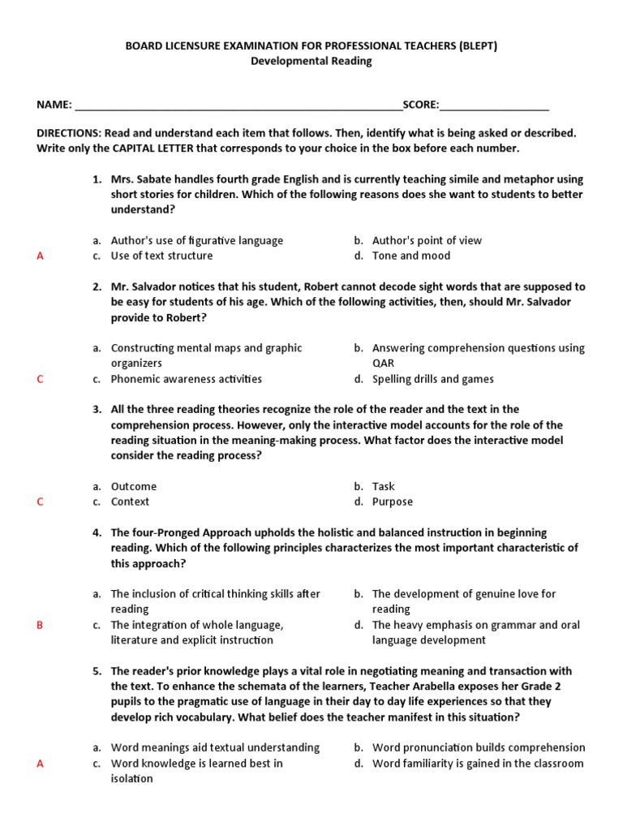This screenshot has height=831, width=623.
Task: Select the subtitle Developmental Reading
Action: (311, 61)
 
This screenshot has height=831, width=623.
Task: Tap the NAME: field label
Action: (54, 105)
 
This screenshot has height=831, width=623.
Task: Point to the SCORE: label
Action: (421, 105)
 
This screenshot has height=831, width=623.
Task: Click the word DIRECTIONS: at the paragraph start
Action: (68, 133)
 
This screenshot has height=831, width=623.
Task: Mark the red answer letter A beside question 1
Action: (40, 256)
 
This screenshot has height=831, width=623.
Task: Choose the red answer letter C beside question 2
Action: (40, 380)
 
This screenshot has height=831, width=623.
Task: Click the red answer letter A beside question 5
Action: (40, 764)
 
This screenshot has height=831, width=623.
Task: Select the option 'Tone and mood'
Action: (410, 256)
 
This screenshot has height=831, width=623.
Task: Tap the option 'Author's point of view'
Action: (427, 240)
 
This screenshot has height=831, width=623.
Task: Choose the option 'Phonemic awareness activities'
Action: (187, 379)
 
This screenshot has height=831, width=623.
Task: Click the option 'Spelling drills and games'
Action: (432, 379)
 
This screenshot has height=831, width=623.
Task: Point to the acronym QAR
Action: (383, 364)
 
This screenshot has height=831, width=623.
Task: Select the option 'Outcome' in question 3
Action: (134, 487)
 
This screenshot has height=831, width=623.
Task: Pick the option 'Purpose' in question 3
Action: (393, 502)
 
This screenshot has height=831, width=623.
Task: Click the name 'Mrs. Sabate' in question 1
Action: (140, 179)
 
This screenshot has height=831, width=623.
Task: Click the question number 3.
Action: (97, 410)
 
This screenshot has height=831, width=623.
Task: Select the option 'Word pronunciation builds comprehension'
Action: (478, 748)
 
